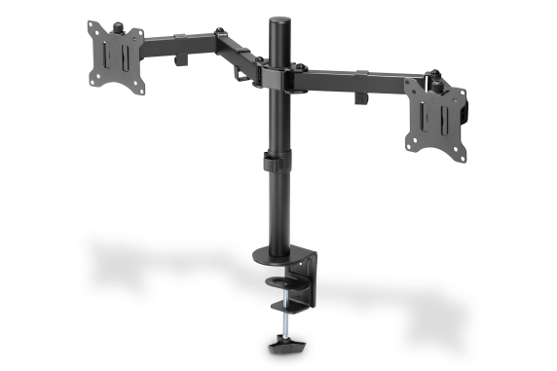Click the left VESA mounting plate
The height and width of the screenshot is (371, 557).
click(x=116, y=56)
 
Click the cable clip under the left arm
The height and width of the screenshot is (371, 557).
click(x=181, y=60)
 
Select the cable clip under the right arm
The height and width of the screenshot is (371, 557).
click(x=357, y=97)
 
